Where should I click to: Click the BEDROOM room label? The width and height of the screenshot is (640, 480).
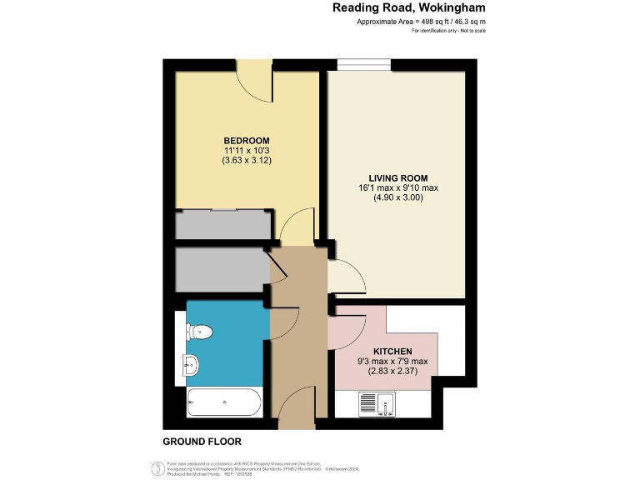click(246, 139)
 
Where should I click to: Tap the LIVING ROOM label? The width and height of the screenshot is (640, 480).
click(398, 177)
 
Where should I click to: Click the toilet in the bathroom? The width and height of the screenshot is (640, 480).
click(200, 332)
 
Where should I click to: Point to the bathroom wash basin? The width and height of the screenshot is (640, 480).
click(191, 363)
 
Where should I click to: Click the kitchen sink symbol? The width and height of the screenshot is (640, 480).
click(378, 404)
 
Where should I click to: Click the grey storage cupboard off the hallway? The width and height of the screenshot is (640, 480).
click(222, 268)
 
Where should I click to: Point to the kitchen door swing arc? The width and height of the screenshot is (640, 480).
click(347, 331)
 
